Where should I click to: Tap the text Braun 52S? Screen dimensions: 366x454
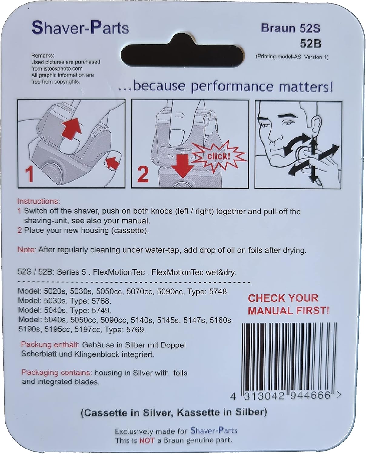[x=291, y=28]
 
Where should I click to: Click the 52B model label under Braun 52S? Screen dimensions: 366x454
[x=311, y=44]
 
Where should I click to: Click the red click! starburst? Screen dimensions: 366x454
[x=218, y=156]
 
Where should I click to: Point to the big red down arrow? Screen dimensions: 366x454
[x=182, y=166]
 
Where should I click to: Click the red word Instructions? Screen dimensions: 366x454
[x=39, y=201]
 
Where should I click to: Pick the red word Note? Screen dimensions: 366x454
[x=27, y=250]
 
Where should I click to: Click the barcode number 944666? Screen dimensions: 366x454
[x=310, y=395]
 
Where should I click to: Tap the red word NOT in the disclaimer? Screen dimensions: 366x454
[x=147, y=440]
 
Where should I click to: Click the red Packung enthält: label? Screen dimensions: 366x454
[x=50, y=344]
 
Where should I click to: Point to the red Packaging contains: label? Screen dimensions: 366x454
[x=57, y=372]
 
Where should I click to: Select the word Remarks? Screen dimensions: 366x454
[x=43, y=56]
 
